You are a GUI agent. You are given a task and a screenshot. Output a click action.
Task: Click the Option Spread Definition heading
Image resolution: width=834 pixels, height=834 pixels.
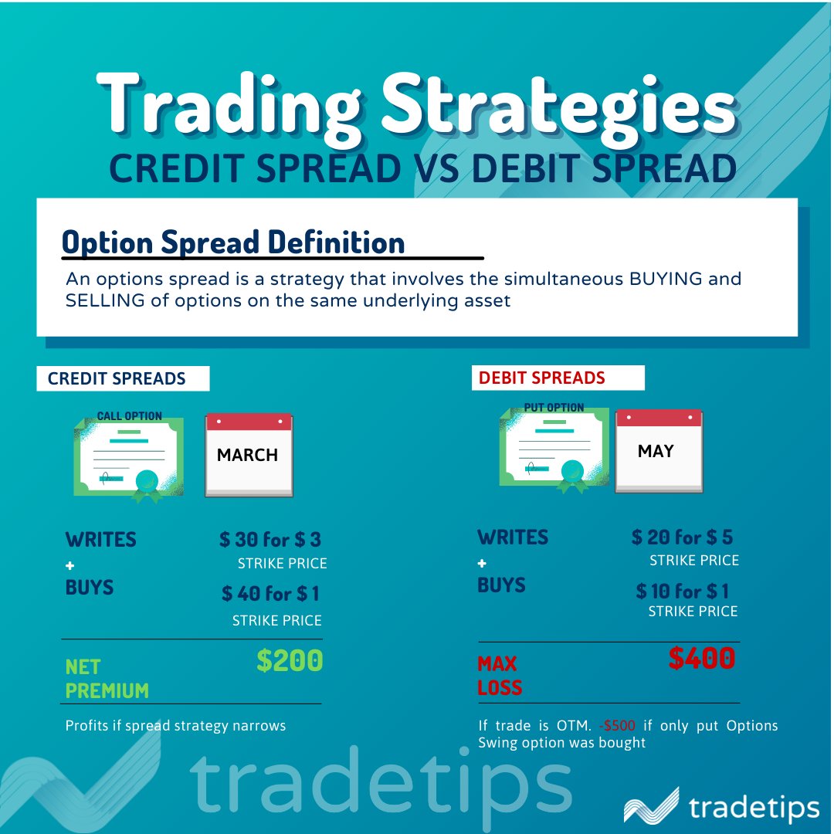(233, 242)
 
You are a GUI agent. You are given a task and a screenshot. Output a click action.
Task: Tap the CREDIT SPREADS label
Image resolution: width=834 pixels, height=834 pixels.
(117, 378)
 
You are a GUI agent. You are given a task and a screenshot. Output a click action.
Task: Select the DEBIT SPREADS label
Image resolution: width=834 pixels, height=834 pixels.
(541, 378)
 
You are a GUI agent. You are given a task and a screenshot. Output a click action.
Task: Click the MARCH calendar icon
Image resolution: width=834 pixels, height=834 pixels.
(249, 455)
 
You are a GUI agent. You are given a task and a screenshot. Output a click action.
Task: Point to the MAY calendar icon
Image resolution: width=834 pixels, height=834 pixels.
(658, 451)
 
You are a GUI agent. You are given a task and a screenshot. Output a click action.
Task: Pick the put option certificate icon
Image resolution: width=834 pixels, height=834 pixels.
(554, 449)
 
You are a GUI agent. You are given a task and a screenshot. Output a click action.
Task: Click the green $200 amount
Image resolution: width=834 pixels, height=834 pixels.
(290, 661)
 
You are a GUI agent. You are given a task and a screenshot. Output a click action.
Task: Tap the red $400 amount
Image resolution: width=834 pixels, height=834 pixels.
(701, 659)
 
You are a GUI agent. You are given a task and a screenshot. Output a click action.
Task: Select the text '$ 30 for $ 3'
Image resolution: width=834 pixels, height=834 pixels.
(270, 539)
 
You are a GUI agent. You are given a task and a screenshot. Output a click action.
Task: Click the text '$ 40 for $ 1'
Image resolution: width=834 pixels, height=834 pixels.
(270, 594)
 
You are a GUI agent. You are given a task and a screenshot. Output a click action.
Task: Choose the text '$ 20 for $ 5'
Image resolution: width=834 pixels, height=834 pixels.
(682, 537)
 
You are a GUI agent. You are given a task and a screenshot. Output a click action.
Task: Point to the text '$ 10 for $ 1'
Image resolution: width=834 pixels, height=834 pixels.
(683, 592)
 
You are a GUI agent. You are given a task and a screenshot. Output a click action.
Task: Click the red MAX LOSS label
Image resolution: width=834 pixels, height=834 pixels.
(499, 676)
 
